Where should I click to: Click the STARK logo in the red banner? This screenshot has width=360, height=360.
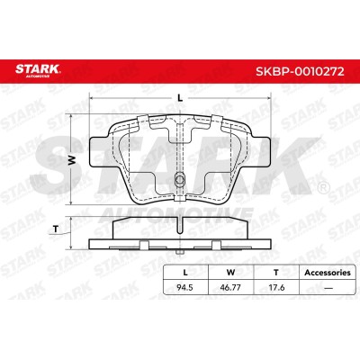click(38, 70)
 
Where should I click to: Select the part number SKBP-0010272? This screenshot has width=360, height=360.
click(300, 71)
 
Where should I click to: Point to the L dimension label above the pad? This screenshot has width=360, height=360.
click(180, 97)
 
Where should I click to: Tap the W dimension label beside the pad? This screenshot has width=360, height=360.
click(71, 160)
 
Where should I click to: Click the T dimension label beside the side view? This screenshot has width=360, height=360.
click(56, 229)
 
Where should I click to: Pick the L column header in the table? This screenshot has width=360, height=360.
click(185, 273)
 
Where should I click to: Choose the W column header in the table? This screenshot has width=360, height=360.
click(230, 273)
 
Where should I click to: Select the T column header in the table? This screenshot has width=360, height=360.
click(276, 273)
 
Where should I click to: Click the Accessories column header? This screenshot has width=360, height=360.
click(328, 273)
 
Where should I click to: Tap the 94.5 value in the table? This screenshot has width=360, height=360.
click(185, 287)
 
